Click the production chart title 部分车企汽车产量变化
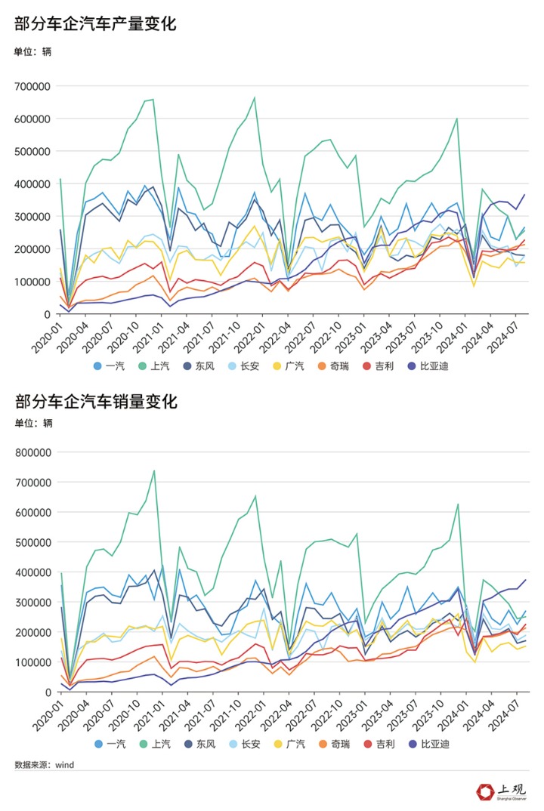(x=95, y=24)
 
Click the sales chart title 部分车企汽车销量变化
(x=95, y=402)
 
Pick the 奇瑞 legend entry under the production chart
(x=323, y=366)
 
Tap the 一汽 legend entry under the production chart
(x=110, y=366)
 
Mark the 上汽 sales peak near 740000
(x=154, y=470)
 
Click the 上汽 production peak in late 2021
(x=255, y=97)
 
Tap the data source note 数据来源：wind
(x=45, y=765)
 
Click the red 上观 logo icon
(x=484, y=792)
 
